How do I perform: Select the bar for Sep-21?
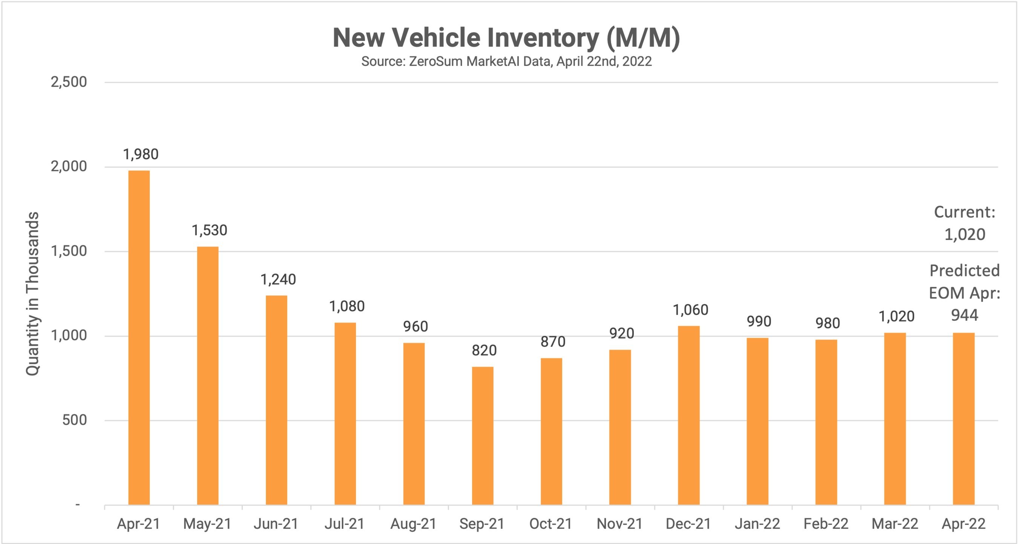(483, 435)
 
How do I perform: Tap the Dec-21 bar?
(689, 415)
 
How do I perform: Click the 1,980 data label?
(141, 154)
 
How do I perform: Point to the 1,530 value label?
(210, 230)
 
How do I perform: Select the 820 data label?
(484, 350)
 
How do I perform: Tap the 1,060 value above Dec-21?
(690, 310)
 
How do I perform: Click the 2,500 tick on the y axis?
(69, 82)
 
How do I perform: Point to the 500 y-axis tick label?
(74, 420)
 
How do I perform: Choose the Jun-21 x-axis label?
(276, 524)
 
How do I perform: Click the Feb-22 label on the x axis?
(826, 524)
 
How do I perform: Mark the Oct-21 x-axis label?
(551, 524)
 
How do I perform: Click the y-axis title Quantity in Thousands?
(32, 294)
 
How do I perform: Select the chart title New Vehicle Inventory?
(506, 38)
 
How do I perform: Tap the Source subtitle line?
(506, 61)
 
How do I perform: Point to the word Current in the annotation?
(963, 212)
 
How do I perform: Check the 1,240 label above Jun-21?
(278, 280)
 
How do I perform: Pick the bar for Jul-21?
(345, 413)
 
